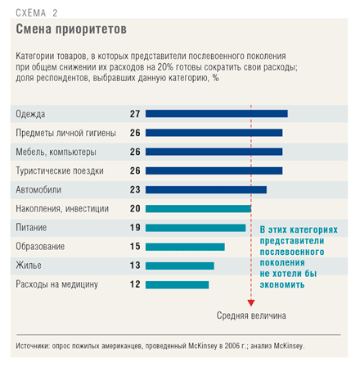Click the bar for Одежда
tap(217, 114)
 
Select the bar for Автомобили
tap(206, 189)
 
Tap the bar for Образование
tap(185, 247)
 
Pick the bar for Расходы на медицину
tap(178, 284)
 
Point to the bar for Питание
tap(196, 228)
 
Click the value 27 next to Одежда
tap(135, 114)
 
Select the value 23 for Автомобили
tap(135, 189)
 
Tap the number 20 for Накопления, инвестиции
tap(135, 209)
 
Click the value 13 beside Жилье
tap(135, 266)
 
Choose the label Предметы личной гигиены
tap(65, 133)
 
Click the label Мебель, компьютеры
tap(56, 152)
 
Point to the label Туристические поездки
tap(60, 170)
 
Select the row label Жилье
tap(29, 266)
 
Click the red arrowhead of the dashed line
tap(251, 302)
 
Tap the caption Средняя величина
tap(251, 316)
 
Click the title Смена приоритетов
tap(71, 29)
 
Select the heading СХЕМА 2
tap(37, 13)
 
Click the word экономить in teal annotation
tap(282, 284)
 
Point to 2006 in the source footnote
tap(232, 346)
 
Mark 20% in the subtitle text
tap(165, 67)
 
